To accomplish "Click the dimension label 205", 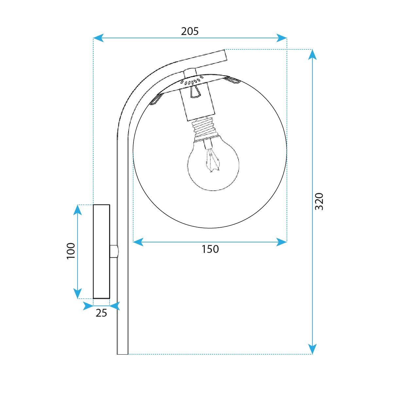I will (190, 31).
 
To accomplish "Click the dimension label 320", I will (319, 202).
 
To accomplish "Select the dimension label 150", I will (210, 249).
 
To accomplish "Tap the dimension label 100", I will (71, 251).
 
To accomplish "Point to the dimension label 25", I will (101, 313).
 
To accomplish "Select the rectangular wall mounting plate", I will (101, 252).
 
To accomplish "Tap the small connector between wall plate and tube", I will (114, 252).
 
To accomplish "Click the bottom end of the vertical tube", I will (122, 352).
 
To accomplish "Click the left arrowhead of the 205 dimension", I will (98, 38).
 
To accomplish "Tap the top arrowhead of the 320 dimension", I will (313, 54).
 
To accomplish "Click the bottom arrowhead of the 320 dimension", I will (313, 349).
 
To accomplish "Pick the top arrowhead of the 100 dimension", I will (77, 210).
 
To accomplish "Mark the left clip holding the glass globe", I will (156, 99).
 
